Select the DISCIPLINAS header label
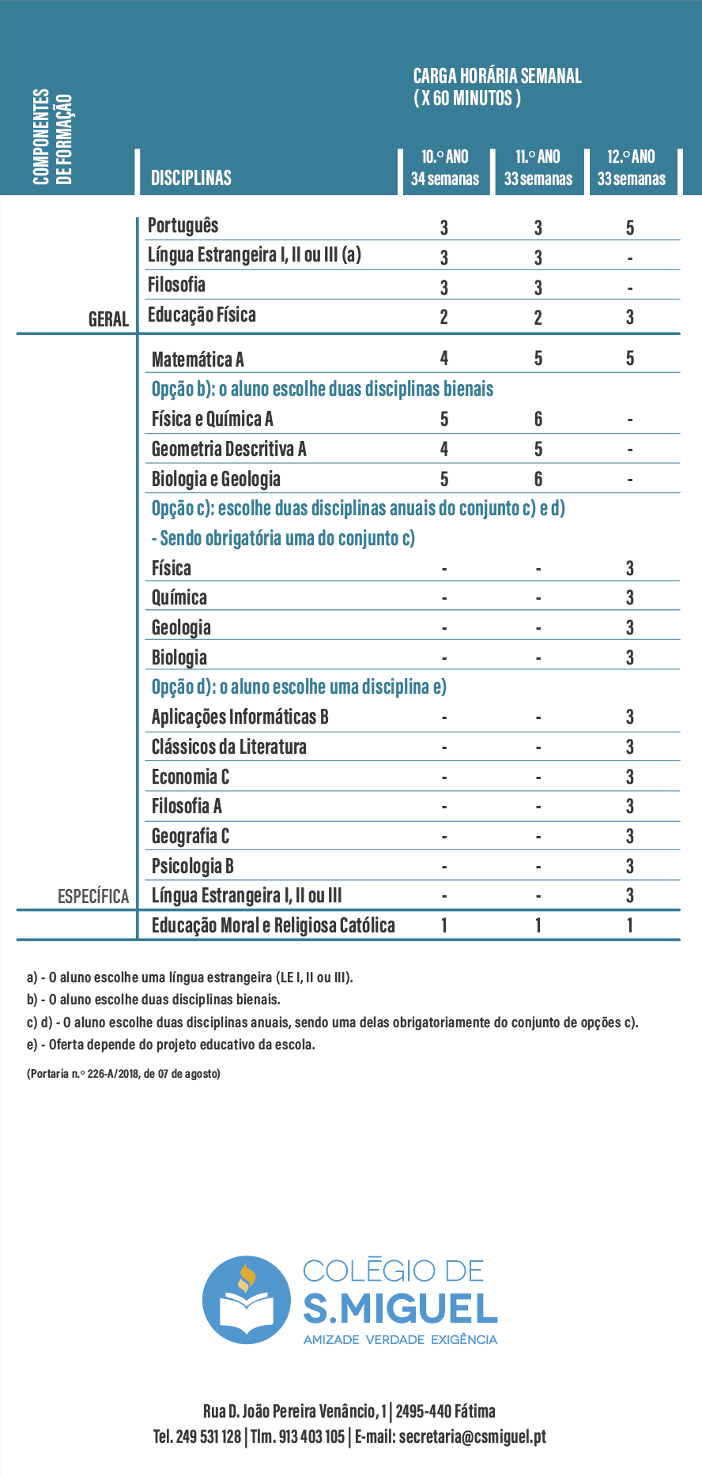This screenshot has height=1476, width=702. point(191,178)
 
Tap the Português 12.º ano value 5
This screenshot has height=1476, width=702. point(630,228)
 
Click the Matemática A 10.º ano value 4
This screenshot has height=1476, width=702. point(444,359)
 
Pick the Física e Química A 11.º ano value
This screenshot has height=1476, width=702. point(538,419)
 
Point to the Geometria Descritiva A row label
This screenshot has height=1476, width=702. point(228,449)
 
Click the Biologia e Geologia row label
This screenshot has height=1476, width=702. point(216,479)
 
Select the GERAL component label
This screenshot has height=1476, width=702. point(108,319)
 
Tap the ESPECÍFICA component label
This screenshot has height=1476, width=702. point(93,896)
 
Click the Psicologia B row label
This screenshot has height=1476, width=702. point(192,866)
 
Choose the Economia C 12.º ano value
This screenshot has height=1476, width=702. point(630,777)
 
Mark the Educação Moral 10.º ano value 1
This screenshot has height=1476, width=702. point(444,925)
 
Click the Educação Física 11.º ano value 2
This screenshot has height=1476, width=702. point(538,318)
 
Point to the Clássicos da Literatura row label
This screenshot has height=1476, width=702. point(228,747)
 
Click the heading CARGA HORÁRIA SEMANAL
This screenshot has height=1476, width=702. point(497,77)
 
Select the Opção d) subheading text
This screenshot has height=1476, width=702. point(299,687)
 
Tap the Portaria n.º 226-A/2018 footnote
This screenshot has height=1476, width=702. point(123,1073)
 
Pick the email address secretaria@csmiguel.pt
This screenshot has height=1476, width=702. point(472,1436)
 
